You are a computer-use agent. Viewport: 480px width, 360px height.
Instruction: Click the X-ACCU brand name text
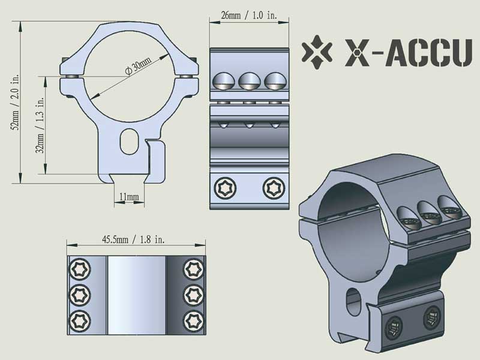408,53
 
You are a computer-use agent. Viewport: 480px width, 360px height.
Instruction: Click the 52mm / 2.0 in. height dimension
16,102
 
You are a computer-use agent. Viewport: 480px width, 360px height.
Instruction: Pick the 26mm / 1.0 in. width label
248,15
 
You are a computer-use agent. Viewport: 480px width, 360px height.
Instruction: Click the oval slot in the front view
128,142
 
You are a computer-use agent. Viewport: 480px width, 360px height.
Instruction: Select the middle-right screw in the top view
193,294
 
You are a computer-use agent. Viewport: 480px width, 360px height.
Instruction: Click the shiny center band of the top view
136,293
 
